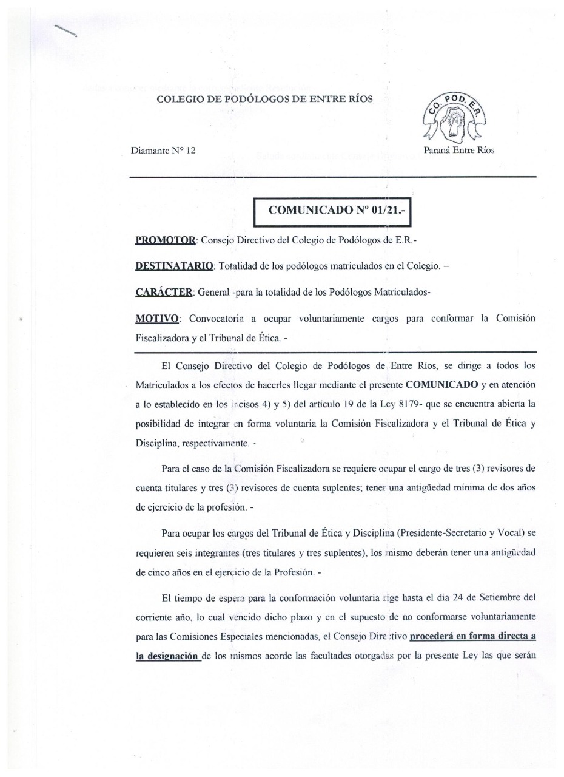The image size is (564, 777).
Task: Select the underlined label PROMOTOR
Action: pos(164,240)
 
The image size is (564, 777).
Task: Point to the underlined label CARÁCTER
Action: pos(163,292)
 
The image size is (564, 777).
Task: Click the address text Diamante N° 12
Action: pos(163,150)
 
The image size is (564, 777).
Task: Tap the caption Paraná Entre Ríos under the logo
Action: pos(459,150)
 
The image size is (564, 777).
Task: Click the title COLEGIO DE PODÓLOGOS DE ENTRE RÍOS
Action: pos(264,100)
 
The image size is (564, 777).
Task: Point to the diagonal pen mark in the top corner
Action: pos(65,31)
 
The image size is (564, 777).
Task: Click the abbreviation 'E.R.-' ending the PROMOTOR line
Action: pos(406,240)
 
